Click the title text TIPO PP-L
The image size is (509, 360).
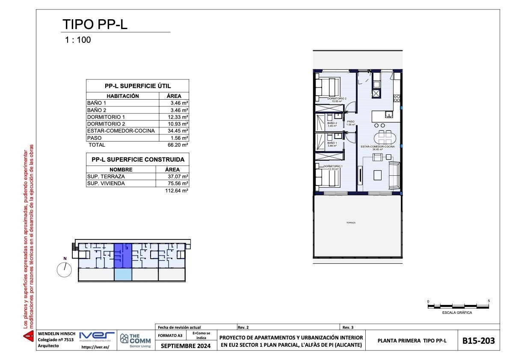point(95,24)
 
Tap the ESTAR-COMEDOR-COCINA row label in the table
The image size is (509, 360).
point(121,131)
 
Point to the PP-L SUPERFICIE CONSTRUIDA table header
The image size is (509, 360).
point(138,159)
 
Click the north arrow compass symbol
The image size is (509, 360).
point(65,269)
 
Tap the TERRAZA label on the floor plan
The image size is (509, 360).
point(351,223)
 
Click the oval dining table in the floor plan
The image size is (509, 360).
point(385,138)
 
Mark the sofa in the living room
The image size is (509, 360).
point(394,175)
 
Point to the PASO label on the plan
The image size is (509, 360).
point(351,122)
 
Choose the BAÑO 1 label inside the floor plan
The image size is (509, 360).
point(332,143)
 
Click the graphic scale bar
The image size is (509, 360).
point(458,306)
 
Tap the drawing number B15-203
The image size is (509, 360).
point(479,341)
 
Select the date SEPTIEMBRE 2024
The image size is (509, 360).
point(186,346)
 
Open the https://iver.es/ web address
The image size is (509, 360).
point(95,348)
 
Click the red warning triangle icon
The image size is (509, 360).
point(28,337)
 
